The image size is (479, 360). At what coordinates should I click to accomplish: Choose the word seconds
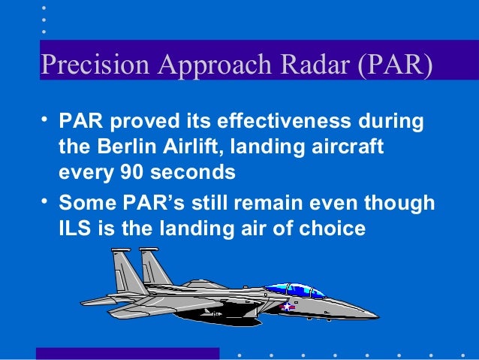pyautogui.click(x=194, y=172)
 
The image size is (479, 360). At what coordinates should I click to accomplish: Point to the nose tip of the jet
pyautogui.click(x=378, y=314)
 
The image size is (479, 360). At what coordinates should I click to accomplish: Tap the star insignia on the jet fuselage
pyautogui.click(x=287, y=307)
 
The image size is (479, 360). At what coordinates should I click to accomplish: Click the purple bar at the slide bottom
pyautogui.click(x=128, y=353)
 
